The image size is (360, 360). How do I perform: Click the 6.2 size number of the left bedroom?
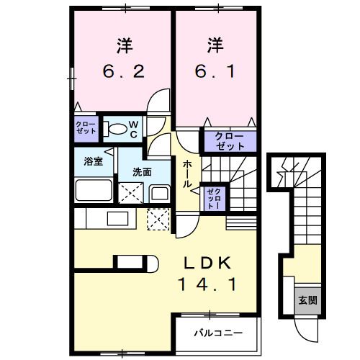(124, 71)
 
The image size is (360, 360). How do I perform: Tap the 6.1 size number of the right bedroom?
(213, 71)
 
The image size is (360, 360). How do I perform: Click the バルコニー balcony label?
(218, 333)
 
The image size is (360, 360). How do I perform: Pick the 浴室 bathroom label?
(92, 161)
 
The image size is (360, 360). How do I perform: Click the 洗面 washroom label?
(141, 172)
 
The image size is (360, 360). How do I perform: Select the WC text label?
(133, 128)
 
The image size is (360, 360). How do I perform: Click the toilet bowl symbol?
(114, 129)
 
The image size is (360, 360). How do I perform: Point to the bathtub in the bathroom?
(93, 192)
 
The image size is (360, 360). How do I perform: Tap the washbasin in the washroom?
(158, 192)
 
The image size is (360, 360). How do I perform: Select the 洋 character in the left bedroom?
(124, 45)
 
